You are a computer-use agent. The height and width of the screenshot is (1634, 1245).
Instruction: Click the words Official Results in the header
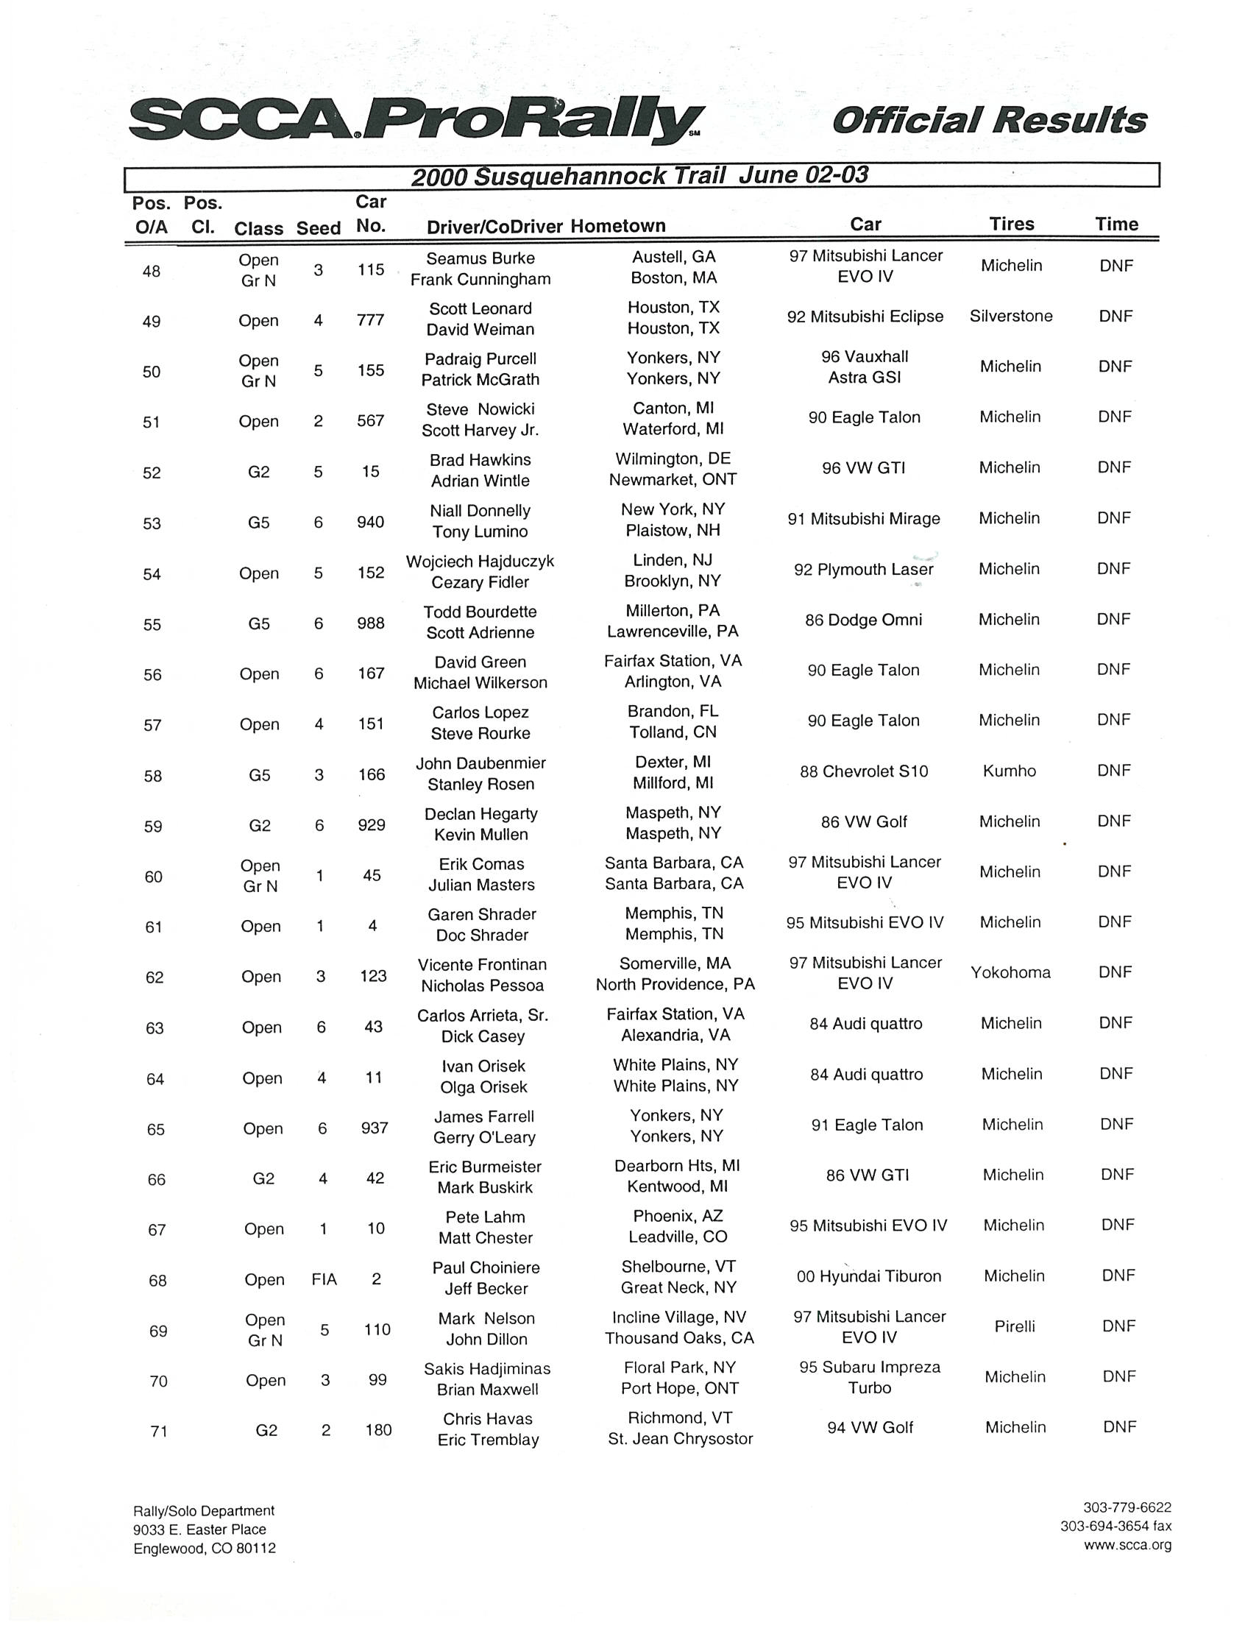990,120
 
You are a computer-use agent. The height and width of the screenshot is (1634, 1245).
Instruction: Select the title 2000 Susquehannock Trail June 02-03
639,177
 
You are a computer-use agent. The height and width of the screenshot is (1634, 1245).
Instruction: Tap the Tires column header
1012,224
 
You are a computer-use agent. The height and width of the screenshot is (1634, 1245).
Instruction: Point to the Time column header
1116,224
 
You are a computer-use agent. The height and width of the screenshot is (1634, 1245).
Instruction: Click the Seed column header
318,228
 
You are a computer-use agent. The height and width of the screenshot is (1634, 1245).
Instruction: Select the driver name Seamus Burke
480,258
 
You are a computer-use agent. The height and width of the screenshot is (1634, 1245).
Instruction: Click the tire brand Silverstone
1011,316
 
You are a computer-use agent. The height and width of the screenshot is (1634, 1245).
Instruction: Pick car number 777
370,320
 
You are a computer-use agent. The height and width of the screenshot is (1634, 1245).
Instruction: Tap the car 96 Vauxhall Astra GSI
864,367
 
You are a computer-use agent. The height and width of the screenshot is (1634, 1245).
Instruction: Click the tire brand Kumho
1010,771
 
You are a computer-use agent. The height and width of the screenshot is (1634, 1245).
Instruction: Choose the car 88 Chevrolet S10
863,772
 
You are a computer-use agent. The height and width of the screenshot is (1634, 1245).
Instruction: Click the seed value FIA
324,1280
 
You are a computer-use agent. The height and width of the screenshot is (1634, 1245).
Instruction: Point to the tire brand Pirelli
1015,1326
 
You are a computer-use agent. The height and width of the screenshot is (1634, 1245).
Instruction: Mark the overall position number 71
159,1432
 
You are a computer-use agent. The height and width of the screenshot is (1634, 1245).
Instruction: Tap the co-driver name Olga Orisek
483,1087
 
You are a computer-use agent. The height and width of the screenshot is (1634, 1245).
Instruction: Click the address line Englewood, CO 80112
205,1548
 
